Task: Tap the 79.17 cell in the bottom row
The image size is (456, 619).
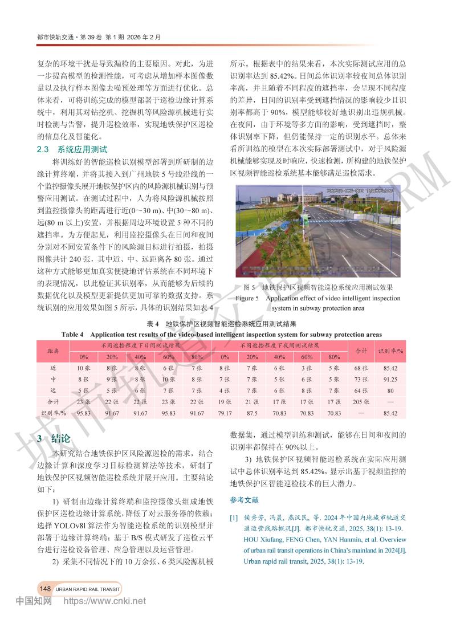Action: tap(225, 413)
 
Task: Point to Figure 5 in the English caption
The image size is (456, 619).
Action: tap(247, 298)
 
